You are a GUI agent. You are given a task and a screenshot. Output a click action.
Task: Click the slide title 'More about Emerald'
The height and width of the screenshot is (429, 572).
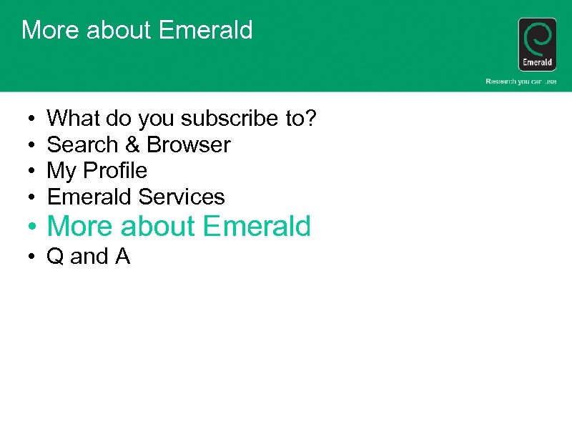pyautogui.click(x=137, y=30)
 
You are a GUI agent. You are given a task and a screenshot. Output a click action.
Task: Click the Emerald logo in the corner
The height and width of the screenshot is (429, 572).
pyautogui.click(x=537, y=44)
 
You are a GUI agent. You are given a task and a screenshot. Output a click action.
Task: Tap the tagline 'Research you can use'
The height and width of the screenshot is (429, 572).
pyautogui.click(x=521, y=82)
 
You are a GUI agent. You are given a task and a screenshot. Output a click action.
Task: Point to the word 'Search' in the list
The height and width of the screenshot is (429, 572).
pyautogui.click(x=82, y=144)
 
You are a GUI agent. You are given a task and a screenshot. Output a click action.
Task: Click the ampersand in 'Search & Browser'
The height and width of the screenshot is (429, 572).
pyautogui.click(x=132, y=144)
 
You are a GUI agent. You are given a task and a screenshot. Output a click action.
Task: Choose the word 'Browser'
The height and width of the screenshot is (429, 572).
pyautogui.click(x=189, y=144)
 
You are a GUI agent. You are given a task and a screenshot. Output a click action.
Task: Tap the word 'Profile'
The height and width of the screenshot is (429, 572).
pyautogui.click(x=114, y=171)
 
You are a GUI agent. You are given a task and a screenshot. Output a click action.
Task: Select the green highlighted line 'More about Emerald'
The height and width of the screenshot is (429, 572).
pyautogui.click(x=179, y=227)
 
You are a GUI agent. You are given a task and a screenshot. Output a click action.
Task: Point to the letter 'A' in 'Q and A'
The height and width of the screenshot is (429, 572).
pyautogui.click(x=122, y=256)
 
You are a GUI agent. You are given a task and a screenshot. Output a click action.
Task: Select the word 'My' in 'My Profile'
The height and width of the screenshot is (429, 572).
pyautogui.click(x=61, y=171)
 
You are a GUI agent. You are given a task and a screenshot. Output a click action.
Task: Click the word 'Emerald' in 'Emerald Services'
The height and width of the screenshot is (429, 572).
pyautogui.click(x=89, y=197)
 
